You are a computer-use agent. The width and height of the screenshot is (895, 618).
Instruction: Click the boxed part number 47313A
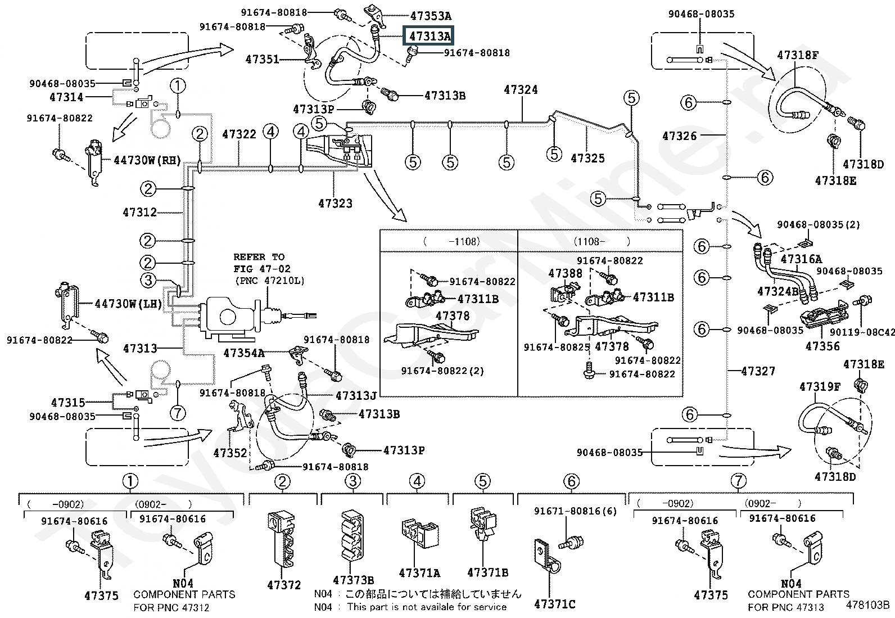(428, 36)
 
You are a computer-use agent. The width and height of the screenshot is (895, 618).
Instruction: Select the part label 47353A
(431, 16)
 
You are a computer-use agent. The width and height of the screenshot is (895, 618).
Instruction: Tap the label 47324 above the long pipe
(521, 90)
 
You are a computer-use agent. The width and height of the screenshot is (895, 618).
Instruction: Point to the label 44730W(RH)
(147, 160)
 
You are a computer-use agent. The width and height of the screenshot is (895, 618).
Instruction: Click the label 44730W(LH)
(128, 304)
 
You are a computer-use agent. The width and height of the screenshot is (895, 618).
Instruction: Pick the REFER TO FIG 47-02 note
(269, 269)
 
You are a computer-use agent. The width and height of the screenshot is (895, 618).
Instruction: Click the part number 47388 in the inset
(565, 273)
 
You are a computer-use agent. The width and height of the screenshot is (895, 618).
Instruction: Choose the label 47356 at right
(822, 346)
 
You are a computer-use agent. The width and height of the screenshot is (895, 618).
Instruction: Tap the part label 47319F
(820, 387)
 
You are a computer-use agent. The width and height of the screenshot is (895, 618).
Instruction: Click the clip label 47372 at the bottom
(284, 585)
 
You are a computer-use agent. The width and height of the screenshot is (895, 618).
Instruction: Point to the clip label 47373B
(353, 580)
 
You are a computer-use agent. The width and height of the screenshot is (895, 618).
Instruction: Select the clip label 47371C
(554, 604)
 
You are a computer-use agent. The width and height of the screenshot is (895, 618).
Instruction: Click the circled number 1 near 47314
(178, 85)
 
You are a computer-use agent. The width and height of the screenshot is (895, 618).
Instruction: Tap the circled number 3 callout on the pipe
(148, 280)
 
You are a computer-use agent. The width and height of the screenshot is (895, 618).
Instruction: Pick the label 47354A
(244, 353)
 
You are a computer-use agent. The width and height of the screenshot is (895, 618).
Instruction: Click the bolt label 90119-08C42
(862, 332)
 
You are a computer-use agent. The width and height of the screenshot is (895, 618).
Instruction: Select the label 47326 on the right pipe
(679, 136)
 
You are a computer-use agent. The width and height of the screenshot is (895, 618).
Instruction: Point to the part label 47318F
(798, 55)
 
